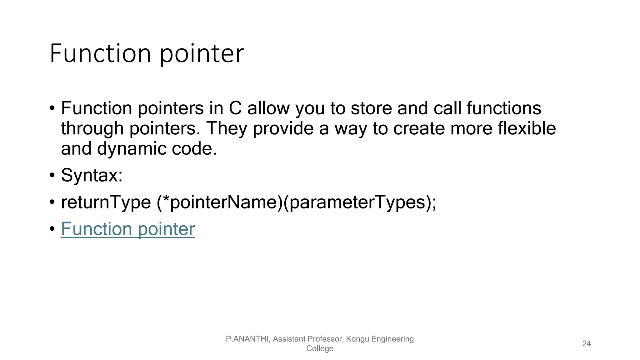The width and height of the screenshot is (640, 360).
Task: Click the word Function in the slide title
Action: tap(100, 54)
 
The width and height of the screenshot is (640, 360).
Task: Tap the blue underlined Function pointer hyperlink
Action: tap(127, 229)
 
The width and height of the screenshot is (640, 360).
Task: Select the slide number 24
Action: tap(586, 343)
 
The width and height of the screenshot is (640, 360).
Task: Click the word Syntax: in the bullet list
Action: tap(92, 175)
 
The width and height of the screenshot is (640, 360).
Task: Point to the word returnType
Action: tap(106, 202)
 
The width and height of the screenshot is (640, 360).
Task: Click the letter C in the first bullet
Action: tap(235, 108)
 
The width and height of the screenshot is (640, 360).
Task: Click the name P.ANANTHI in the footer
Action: tap(247, 339)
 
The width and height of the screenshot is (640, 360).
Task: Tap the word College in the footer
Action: tap(320, 348)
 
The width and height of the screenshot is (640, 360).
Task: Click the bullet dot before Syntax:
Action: tap(52, 175)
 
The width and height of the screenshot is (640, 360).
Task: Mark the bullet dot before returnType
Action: tap(52, 202)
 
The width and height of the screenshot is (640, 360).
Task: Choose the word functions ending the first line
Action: tap(504, 108)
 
